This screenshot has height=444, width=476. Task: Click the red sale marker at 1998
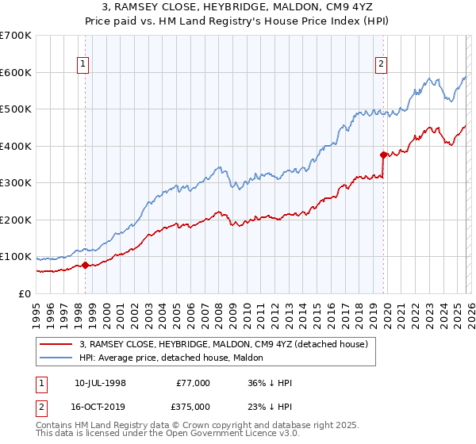coord(85,265)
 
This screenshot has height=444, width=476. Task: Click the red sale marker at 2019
coord(383,155)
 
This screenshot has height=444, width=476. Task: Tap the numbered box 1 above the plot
coord(84,65)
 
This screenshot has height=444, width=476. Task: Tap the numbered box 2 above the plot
coord(382,65)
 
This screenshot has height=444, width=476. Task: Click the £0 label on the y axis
coord(24,293)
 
